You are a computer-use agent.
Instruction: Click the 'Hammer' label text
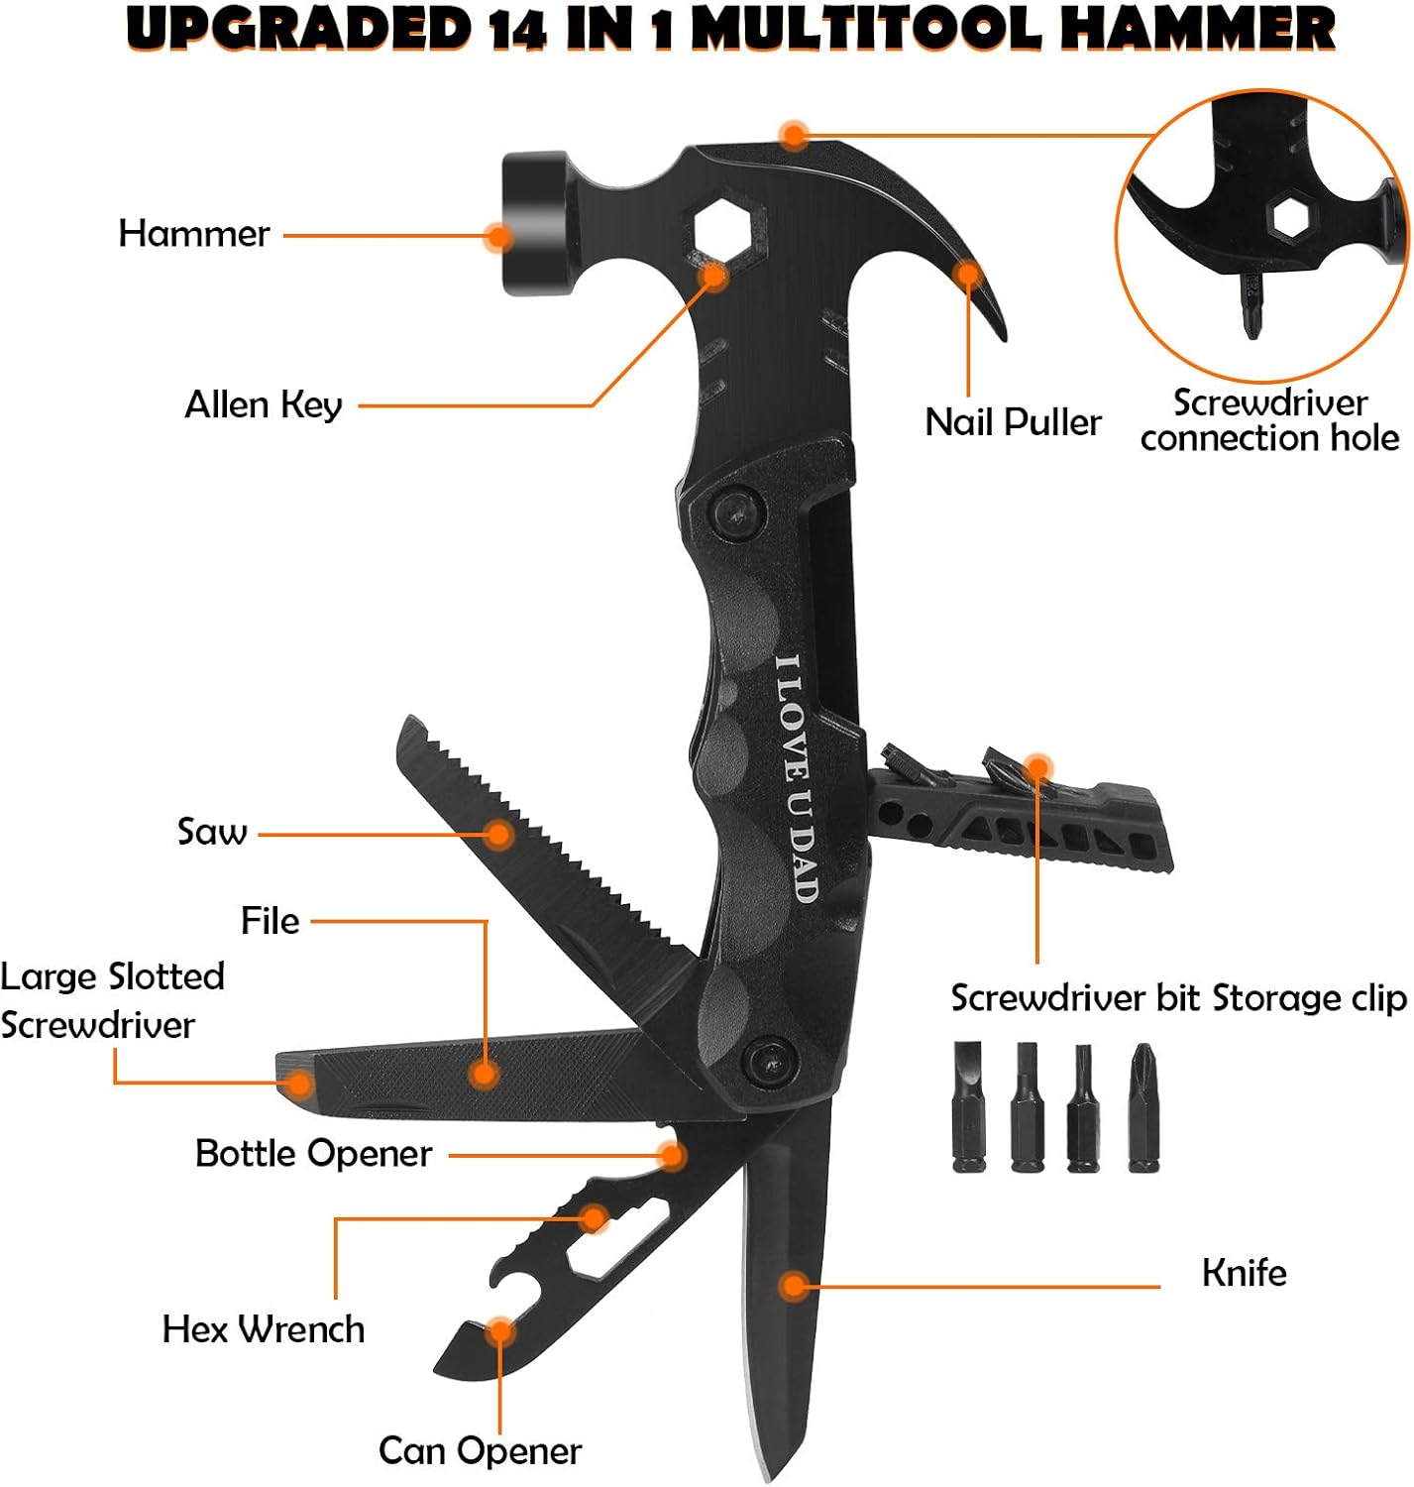tap(193, 234)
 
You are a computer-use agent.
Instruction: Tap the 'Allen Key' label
tap(264, 404)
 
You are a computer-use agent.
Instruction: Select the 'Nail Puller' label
tap(1012, 422)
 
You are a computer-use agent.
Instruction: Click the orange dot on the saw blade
tap(500, 834)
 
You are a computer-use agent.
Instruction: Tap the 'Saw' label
tap(212, 831)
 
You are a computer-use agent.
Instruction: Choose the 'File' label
tap(270, 921)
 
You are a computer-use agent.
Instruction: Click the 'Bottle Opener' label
tap(313, 1154)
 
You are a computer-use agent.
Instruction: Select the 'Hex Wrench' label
tap(264, 1328)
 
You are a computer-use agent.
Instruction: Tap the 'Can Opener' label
tap(480, 1450)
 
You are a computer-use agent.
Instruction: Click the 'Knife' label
tap(1244, 1272)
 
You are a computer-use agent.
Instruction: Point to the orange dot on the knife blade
tap(793, 1286)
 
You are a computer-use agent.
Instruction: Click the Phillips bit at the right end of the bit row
tap(1143, 1107)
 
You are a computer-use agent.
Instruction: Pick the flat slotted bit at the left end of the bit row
tap(969, 1107)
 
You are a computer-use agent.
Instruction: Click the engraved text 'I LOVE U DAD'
tap(797, 778)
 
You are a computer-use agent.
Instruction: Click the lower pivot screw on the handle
tap(770, 1061)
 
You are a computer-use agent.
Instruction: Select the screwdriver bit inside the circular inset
tap(1251, 303)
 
